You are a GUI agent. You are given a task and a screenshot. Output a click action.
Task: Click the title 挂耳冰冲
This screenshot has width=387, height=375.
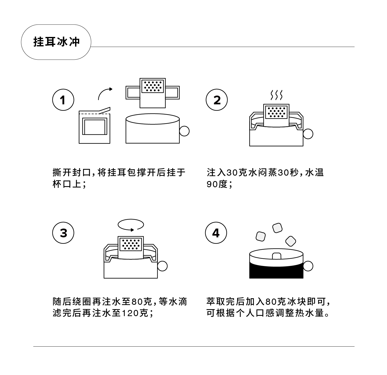(56, 42)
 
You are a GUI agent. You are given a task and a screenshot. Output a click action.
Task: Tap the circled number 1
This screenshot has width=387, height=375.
(63, 100)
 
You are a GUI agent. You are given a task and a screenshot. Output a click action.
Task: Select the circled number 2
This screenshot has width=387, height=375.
(217, 100)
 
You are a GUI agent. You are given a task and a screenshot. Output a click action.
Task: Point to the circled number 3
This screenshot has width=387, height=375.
(63, 233)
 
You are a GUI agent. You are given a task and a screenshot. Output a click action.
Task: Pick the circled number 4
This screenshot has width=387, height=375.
(216, 233)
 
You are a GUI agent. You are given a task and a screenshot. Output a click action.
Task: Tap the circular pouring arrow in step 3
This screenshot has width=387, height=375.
(131, 225)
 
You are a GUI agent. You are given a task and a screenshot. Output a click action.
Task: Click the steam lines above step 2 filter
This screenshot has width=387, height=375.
(276, 95)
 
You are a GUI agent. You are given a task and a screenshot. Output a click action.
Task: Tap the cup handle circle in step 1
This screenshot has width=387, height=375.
(184, 131)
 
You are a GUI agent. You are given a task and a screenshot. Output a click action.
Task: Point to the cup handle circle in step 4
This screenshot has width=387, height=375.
(308, 266)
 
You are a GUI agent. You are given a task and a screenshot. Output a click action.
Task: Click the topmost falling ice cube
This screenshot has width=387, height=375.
(277, 228)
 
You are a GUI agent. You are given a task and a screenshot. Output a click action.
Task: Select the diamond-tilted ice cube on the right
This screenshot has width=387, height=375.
(291, 241)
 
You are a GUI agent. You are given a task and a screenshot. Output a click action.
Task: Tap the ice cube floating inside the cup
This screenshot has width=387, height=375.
(276, 256)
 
